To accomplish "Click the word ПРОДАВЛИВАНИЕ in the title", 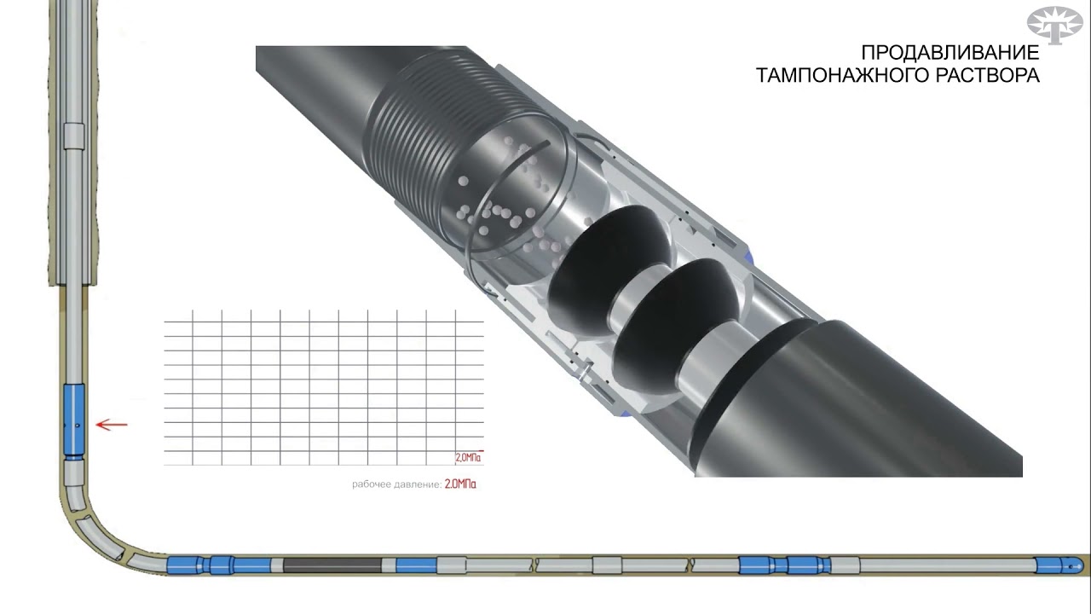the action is coord(950,53).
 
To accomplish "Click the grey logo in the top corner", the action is coord(1055,25).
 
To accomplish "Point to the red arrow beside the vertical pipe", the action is coord(112,425).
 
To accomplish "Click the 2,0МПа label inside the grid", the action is coord(468,458).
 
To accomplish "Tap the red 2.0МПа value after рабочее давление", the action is coord(460,484).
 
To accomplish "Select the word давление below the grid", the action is coord(418,484).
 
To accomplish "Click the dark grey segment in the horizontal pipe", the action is coord(332,565).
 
